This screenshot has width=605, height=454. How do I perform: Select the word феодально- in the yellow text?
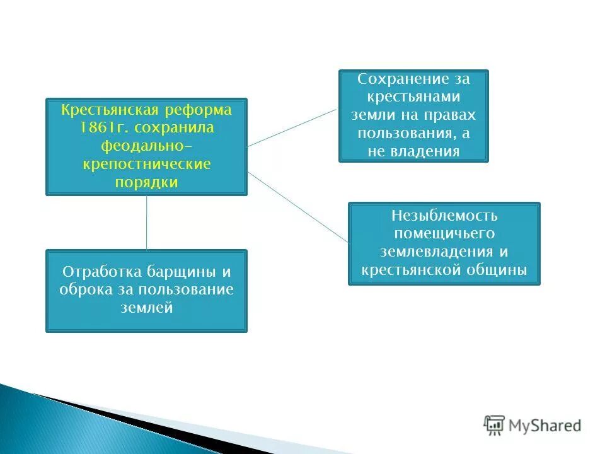click(x=146, y=147)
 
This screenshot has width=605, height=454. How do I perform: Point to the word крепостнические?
click(x=146, y=165)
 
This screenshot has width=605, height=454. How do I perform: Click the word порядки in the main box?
click(x=146, y=183)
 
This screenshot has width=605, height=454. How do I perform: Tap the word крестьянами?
click(x=413, y=98)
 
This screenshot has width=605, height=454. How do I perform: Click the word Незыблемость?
click(x=444, y=216)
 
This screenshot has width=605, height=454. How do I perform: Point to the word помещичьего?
click(x=444, y=234)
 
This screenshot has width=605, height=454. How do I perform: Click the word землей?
click(x=146, y=308)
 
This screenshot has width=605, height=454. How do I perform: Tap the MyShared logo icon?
click(x=494, y=424)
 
